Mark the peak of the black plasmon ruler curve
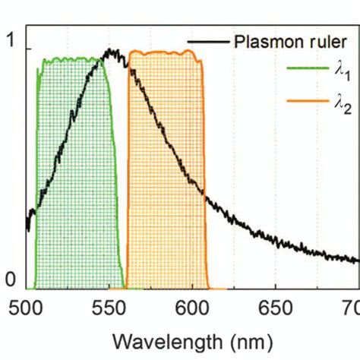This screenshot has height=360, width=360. pyautogui.click(x=112, y=52)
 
